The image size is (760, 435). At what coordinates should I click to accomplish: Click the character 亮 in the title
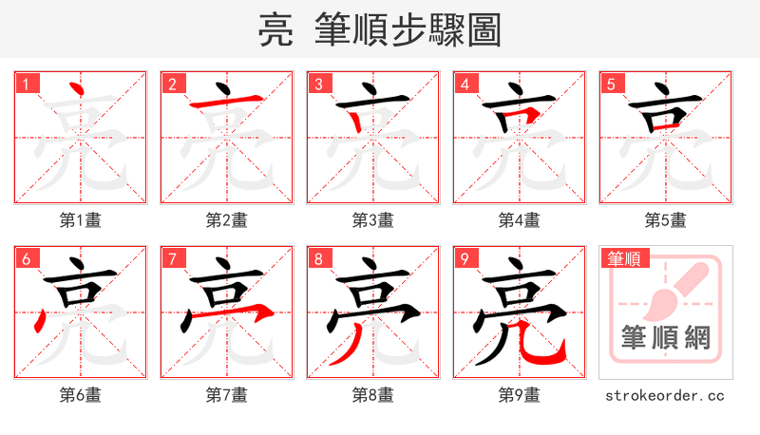pos(275,30)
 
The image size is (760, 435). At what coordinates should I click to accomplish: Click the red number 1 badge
pos(26,85)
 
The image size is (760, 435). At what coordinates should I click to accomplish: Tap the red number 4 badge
pos(465,85)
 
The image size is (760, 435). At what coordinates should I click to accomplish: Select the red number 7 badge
pos(172,259)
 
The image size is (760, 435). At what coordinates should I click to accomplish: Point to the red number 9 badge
pos(465,259)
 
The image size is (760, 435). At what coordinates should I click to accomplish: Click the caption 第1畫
pos(81,220)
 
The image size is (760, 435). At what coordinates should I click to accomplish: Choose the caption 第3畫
pos(373,220)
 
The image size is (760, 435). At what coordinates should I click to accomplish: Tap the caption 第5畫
pos(666,220)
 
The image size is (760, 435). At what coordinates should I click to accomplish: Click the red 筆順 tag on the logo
pos(623,258)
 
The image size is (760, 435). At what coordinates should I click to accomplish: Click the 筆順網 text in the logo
pos(666,337)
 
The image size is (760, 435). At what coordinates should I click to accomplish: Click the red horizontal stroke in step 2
pos(227,102)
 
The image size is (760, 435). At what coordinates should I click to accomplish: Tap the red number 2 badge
pos(172,85)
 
